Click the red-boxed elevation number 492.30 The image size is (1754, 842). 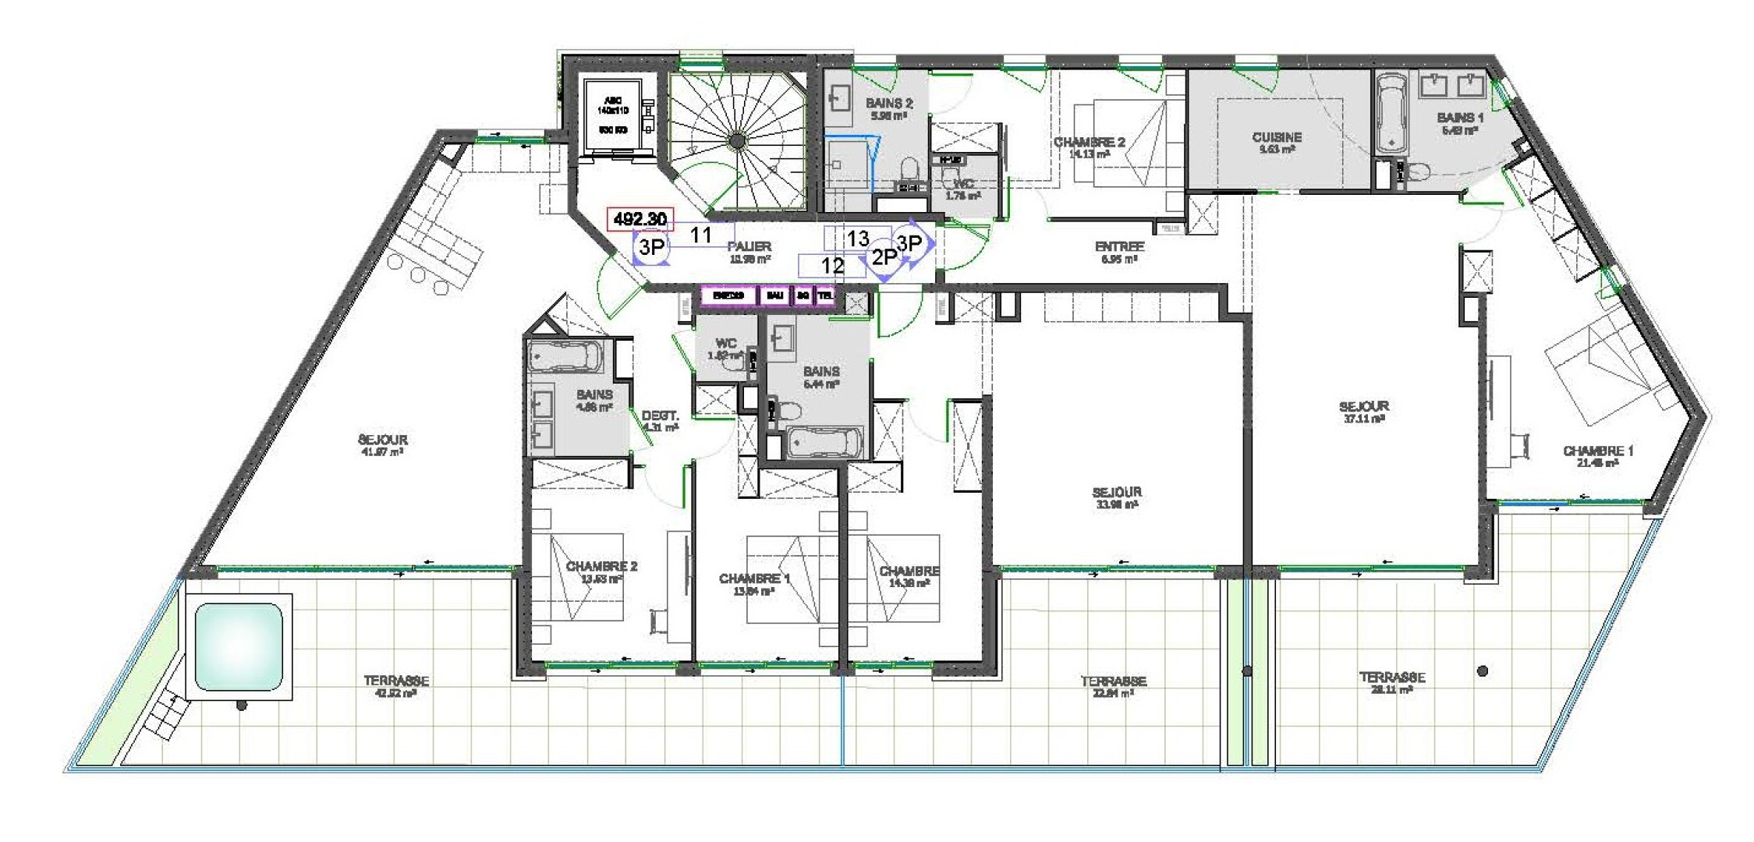click(x=640, y=219)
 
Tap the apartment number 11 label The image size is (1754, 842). click(x=700, y=235)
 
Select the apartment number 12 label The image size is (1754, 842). click(x=832, y=266)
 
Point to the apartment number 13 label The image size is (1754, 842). click(x=857, y=239)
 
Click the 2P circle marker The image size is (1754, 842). click(x=884, y=256)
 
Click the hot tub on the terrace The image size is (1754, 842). click(x=238, y=646)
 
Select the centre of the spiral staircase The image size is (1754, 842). click(x=736, y=140)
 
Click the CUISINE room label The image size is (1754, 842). click(x=1276, y=138)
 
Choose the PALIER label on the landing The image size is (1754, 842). click(x=749, y=247)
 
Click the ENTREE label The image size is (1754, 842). click(x=1118, y=247)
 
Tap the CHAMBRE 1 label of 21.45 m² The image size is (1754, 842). click(x=1597, y=451)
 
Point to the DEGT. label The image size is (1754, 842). click(x=660, y=416)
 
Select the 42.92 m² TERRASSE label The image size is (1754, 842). click(x=395, y=681)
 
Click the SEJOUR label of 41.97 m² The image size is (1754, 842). click(x=382, y=440)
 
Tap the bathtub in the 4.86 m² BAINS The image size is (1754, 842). click(x=565, y=357)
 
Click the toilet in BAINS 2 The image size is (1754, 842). click(x=909, y=170)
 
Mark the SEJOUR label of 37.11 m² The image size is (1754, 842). click(x=1363, y=407)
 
